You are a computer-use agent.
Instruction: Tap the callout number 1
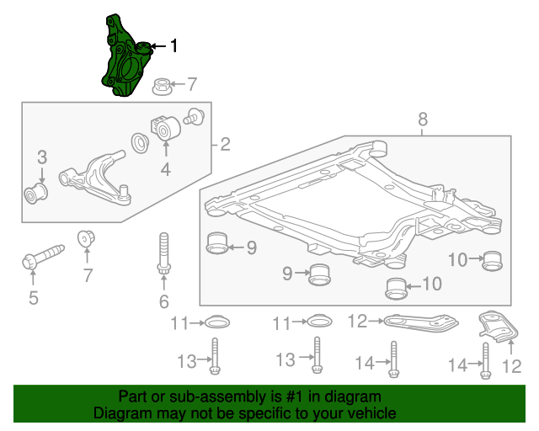point(174,46)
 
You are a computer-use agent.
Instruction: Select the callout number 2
point(225,145)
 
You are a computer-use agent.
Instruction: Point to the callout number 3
point(40,157)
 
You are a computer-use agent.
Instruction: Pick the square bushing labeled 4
point(165,127)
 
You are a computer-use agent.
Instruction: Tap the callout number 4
point(165,171)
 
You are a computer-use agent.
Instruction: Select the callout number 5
point(34,297)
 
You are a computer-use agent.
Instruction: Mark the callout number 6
point(163,301)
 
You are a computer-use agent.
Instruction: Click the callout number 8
point(423,120)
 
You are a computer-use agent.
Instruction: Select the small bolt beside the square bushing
point(195,116)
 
